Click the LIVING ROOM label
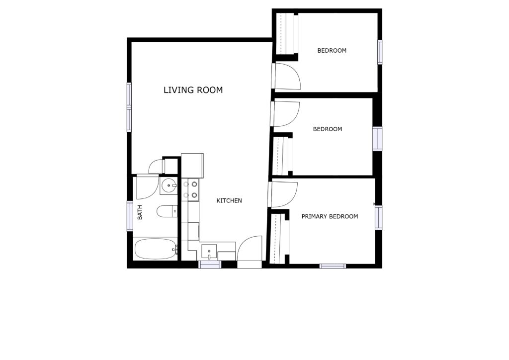point(193,90)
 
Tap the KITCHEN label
point(229,200)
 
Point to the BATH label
point(140,212)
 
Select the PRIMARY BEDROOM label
point(330,216)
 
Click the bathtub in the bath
point(156,249)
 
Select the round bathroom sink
point(169,186)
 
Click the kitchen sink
point(209,252)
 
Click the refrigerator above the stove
point(192,166)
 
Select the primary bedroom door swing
point(283,194)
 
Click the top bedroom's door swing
point(286,76)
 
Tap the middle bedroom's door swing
point(285,114)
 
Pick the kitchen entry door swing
point(250,248)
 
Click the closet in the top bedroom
point(287,34)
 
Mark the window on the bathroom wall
point(130,216)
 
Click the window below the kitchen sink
point(210,265)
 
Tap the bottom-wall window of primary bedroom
point(333,266)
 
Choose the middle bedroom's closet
point(283,156)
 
